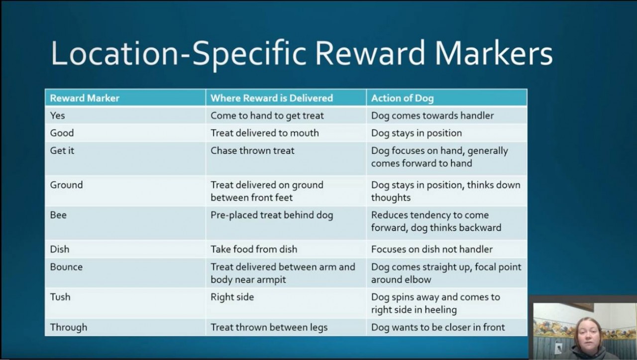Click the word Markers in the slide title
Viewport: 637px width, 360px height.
click(494, 53)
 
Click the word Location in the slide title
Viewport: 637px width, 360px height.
click(114, 53)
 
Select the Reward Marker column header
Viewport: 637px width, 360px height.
click(85, 98)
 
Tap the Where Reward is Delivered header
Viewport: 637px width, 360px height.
click(272, 98)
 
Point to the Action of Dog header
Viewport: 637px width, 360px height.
click(403, 99)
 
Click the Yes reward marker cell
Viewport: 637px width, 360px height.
click(57, 116)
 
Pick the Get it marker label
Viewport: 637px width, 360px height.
click(62, 150)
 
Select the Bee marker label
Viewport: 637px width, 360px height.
click(58, 215)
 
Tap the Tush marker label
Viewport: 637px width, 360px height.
click(60, 297)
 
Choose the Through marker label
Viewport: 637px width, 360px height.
click(69, 327)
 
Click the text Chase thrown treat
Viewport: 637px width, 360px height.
click(252, 150)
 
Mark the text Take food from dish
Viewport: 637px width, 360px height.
click(254, 249)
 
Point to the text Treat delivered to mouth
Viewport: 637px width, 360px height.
click(265, 133)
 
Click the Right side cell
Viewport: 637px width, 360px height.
click(232, 297)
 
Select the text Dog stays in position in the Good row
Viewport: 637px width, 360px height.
click(417, 133)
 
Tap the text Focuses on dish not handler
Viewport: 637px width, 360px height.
click(431, 249)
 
